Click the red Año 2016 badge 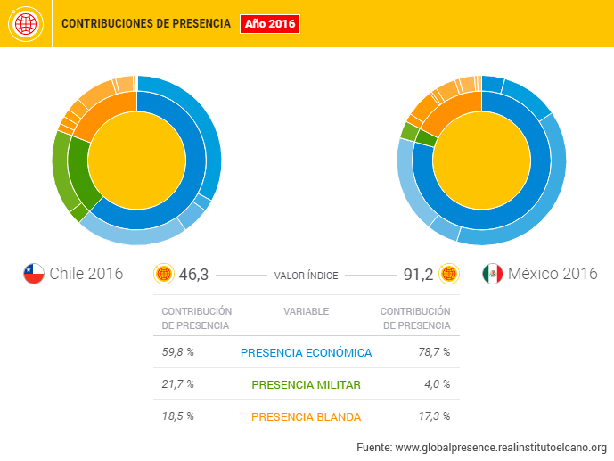(270, 24)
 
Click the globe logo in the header (24, 23)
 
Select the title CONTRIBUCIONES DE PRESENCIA (145, 24)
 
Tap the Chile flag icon (34, 274)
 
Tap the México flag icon (492, 274)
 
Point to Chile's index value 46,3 (193, 275)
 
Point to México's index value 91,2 (418, 275)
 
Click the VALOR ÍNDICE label (306, 276)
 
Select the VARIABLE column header (306, 311)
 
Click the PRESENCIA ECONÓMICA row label (306, 352)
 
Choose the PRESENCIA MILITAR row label (306, 384)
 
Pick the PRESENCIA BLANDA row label (306, 416)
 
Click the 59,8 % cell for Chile (177, 352)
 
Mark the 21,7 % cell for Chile (177, 384)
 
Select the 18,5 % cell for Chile (177, 416)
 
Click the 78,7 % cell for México (434, 352)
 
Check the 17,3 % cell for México (434, 416)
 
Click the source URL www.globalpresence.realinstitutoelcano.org (501, 447)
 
